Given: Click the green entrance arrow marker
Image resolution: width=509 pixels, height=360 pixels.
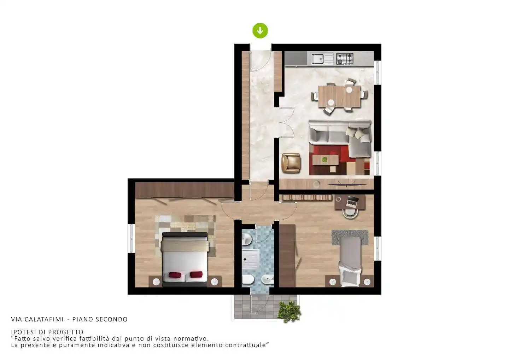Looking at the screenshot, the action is tap(260, 30).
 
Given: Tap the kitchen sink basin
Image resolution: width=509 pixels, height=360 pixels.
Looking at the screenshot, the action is tap(317, 59).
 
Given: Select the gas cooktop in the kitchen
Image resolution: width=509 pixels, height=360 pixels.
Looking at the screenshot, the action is tap(345, 59).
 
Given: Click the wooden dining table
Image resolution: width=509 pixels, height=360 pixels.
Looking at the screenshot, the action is tap(339, 96).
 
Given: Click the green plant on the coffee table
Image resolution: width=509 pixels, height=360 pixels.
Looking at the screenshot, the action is tap(324, 159).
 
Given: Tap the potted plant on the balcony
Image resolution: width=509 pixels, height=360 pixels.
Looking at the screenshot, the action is tap(289, 312).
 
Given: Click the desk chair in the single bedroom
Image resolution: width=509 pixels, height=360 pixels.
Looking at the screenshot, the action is tap(350, 213).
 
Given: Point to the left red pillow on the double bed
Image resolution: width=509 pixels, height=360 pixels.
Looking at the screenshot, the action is tap(175, 275).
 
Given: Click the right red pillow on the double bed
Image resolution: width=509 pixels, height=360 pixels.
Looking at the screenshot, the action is tap(196, 274).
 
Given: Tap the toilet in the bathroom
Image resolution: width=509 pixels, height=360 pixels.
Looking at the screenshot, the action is tap(247, 279).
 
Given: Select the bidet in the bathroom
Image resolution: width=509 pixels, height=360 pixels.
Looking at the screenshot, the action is tap(268, 279).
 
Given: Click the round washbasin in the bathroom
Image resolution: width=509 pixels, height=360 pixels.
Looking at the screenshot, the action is tap(247, 239).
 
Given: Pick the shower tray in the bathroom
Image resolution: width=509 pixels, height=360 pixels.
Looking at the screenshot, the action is tap(251, 259).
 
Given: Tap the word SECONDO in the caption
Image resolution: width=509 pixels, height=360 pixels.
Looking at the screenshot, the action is tap(111, 319).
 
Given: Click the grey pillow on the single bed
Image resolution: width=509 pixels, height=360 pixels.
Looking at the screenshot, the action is tap(350, 277).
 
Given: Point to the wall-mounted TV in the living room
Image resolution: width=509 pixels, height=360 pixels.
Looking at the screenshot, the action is tap(346, 184).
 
